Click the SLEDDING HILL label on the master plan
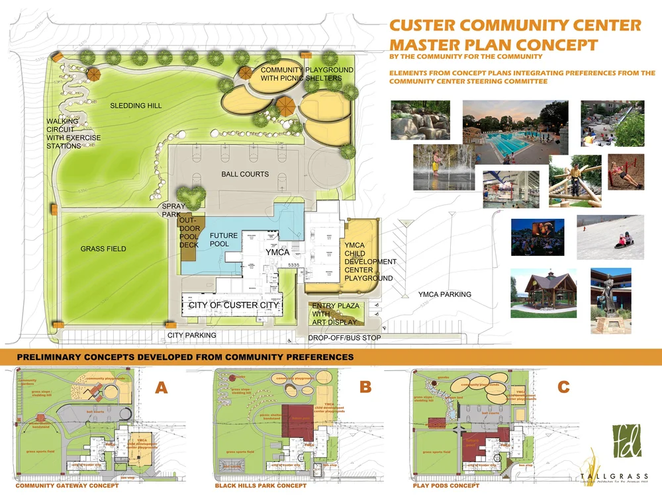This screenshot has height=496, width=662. pos(136,105)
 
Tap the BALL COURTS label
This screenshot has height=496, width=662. pos(245,174)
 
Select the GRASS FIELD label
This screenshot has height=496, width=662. pos(103,249)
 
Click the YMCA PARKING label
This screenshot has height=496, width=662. pos(444,294)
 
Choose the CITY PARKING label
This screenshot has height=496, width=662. pos(191,335)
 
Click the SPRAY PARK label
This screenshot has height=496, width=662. pos(173,211)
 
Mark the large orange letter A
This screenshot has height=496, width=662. pos(161,388)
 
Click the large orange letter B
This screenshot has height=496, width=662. pos(365,388)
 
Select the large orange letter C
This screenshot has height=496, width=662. pos(563,387)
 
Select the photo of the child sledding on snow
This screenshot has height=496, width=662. pos(610,237)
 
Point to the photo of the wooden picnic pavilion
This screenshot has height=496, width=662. pos(544,292)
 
